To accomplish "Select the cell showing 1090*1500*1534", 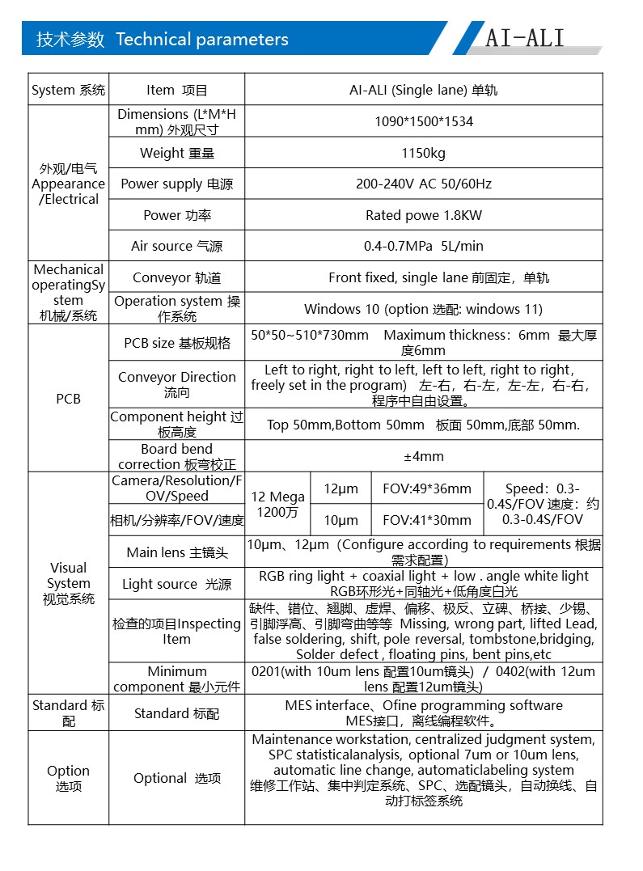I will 424,122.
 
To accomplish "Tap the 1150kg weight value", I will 424,153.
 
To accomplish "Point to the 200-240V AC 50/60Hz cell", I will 424,184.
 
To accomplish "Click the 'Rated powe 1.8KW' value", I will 424,215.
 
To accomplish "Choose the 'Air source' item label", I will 176,246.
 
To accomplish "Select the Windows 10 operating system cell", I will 424,309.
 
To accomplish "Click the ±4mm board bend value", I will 424,456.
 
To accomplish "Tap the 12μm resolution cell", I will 341,488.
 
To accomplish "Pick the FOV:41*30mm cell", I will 427,520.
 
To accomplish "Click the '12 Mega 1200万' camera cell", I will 277,505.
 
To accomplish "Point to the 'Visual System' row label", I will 69,583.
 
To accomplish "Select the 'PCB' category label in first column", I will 69,400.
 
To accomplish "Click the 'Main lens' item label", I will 176,552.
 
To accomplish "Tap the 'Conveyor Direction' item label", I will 176,384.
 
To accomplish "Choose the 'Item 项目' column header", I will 176,91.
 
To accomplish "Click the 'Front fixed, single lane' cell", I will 424,277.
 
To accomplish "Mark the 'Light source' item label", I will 176,584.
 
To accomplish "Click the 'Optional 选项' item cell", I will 176,778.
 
